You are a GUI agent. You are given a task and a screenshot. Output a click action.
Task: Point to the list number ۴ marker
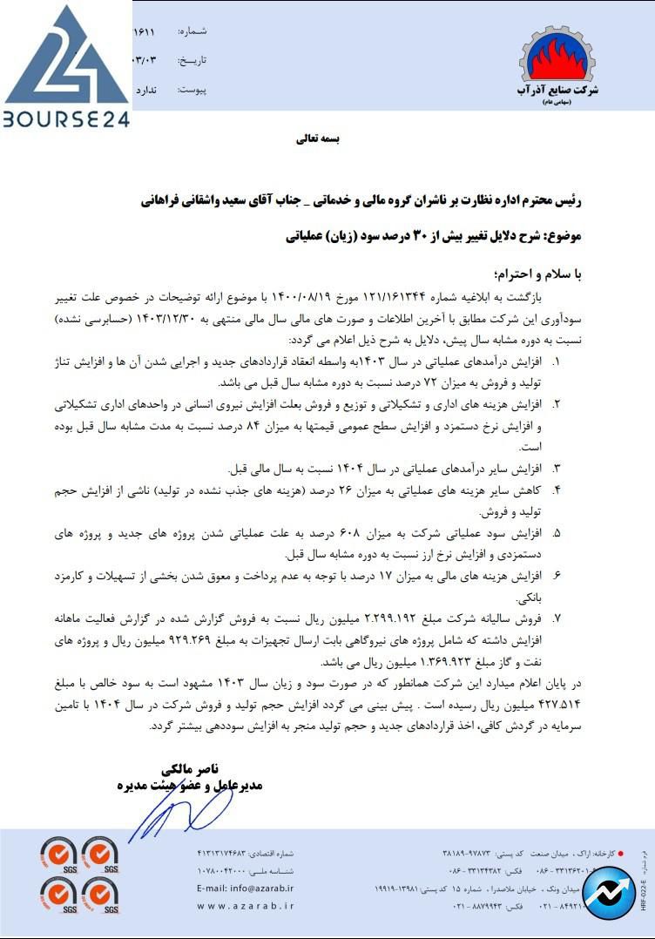pos(556,491)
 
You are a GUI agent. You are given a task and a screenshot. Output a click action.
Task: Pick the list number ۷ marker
pos(556,618)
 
